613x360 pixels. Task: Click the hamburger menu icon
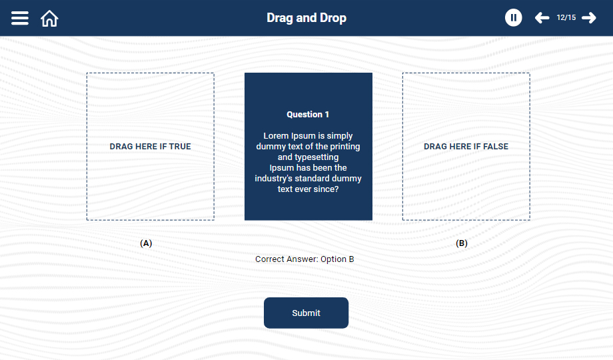coord(20,18)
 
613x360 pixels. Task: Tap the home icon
coord(49,19)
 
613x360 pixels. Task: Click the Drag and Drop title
coord(306,18)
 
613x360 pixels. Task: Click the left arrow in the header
coord(542,17)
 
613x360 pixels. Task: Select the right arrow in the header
coord(589,17)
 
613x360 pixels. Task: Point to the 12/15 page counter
coord(566,17)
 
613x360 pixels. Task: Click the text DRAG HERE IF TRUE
coord(150,147)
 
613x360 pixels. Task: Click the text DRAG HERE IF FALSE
coord(466,147)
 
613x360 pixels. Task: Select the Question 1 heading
coord(308,114)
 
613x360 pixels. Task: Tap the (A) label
coord(146,243)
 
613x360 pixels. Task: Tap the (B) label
coord(462,243)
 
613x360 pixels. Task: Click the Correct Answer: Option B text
coord(305,259)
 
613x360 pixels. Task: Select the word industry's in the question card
coord(273,179)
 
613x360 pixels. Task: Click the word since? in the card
coord(326,189)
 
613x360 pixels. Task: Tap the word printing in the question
coord(345,147)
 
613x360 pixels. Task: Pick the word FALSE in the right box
coord(496,147)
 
